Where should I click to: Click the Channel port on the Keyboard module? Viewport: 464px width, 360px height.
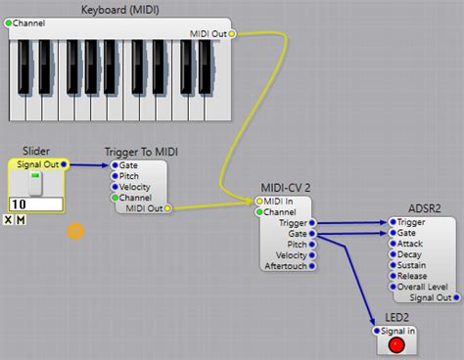point(9,22)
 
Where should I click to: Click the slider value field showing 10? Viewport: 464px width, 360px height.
point(36,203)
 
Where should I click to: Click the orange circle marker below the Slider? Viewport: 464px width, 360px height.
point(75,231)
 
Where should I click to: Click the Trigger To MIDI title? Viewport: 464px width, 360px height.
point(141,152)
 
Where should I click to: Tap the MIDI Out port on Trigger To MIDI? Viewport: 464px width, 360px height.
point(167,208)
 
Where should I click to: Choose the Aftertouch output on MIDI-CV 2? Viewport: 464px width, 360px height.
point(313,265)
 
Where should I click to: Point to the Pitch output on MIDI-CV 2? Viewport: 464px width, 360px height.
point(313,244)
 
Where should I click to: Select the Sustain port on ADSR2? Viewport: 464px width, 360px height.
point(393,265)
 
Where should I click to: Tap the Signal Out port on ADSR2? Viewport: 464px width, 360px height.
point(456,297)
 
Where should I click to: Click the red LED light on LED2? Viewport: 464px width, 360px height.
point(395,344)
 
